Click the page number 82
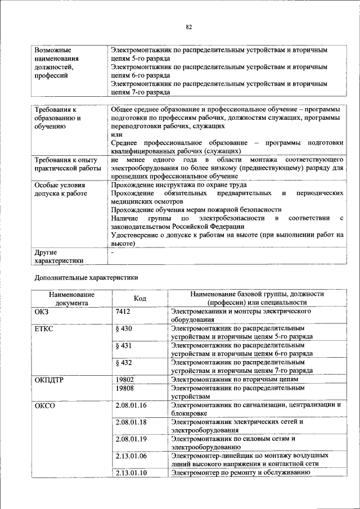pyautogui.click(x=189, y=27)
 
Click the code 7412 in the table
pyautogui.click(x=123, y=311)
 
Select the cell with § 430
pyautogui.click(x=123, y=328)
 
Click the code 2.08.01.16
pyautogui.click(x=130, y=405)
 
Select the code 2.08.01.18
pyautogui.click(x=130, y=422)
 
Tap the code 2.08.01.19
pyautogui.click(x=130, y=439)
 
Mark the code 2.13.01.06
pyautogui.click(x=130, y=456)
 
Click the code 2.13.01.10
pyautogui.click(x=130, y=472)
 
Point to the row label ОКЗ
pyautogui.click(x=42, y=311)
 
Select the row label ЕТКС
pyautogui.click(x=44, y=328)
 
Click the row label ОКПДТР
pyautogui.click(x=49, y=380)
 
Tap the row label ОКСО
pyautogui.click(x=44, y=405)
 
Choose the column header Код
pyautogui.click(x=140, y=298)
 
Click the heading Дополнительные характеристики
pyautogui.click(x=86, y=277)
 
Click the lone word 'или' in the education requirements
pyautogui.click(x=116, y=134)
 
